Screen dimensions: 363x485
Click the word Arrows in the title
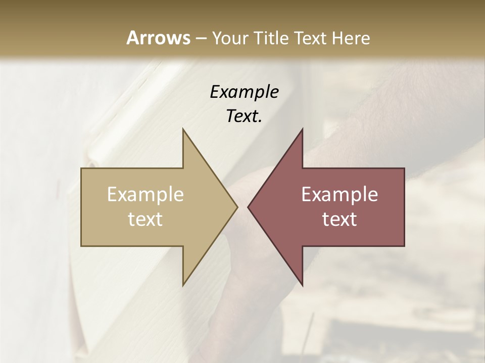(158, 38)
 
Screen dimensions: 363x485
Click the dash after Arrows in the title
(201, 39)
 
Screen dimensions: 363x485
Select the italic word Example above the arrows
(244, 92)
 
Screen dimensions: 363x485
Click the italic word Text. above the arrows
(244, 116)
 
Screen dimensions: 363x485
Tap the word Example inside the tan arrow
(145, 195)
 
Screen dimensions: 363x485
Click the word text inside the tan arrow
(145, 219)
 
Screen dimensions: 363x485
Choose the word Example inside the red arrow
(339, 195)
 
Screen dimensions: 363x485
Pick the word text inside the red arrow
(339, 219)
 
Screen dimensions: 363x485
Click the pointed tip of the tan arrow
(237, 207)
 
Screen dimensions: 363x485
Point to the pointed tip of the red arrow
(248, 207)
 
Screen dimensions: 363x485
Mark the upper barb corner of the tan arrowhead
(183, 129)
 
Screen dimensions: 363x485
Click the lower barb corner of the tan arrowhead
(183, 285)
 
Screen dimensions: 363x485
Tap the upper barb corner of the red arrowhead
(302, 129)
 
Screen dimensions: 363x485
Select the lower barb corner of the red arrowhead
(302, 285)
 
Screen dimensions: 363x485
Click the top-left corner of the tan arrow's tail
(81, 168)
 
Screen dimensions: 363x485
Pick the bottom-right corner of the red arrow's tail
(404, 246)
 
